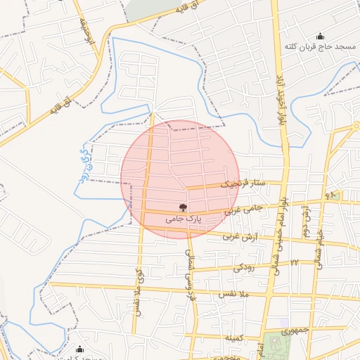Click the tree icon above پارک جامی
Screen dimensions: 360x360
184,207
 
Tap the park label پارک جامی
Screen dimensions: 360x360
184,219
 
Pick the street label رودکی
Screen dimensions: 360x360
243,267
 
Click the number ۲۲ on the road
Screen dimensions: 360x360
295,262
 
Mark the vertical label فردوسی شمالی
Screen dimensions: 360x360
188,276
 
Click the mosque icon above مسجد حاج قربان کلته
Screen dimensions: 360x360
321,37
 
